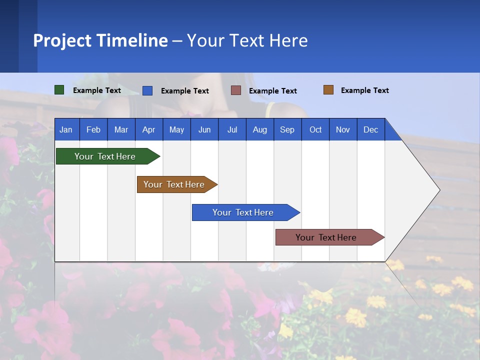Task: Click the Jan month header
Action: pos(66,129)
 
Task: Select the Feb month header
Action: pos(93,129)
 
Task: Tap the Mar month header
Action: pos(121,129)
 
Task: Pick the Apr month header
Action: pos(149,129)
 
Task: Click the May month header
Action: pos(176,129)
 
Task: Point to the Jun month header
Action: pos(204,129)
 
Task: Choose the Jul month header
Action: pos(232,129)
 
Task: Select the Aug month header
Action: pos(260,129)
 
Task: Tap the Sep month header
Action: pos(287,129)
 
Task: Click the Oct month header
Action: pos(315,129)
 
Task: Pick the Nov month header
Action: pos(343,129)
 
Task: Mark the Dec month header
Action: pos(371,129)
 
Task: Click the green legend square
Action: pos(59,90)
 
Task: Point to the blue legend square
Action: pos(147,90)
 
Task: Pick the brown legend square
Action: pos(328,90)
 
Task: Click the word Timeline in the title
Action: pos(132,40)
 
